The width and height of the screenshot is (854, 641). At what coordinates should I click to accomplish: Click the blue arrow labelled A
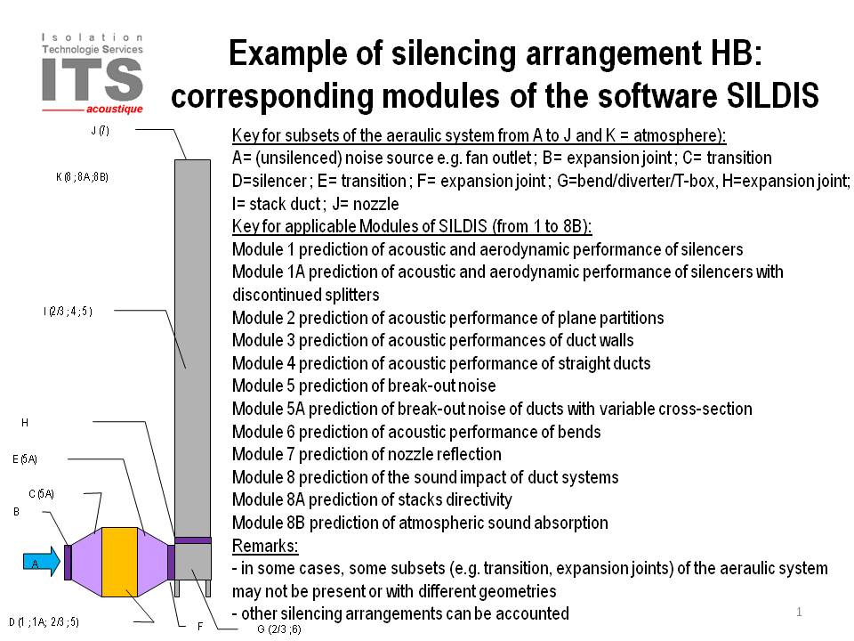(x=42, y=562)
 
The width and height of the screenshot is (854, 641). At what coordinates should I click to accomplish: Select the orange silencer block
(x=119, y=562)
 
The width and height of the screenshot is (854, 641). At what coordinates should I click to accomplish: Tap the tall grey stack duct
(x=192, y=348)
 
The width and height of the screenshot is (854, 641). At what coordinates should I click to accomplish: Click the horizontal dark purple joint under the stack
(x=193, y=540)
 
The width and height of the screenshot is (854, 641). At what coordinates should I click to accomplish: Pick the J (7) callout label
(x=101, y=130)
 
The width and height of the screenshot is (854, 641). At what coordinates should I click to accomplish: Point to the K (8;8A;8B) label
(x=82, y=176)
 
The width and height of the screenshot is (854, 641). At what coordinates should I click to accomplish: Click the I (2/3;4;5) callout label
(x=68, y=312)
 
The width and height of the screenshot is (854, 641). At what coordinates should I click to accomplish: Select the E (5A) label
(x=25, y=459)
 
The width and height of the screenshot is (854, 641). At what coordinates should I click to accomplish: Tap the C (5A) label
(x=42, y=494)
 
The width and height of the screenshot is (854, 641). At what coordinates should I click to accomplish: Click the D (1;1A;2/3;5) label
(x=44, y=622)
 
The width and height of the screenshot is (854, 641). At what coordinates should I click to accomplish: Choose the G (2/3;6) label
(x=278, y=629)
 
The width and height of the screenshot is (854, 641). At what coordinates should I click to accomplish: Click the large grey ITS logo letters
(x=92, y=79)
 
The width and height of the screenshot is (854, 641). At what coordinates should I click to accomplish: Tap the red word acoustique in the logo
(x=115, y=109)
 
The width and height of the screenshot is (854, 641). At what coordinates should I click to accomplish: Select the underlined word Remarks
(x=265, y=546)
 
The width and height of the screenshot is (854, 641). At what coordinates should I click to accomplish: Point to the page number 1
(x=799, y=613)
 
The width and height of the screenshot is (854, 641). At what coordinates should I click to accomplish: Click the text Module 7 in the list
(x=263, y=454)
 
